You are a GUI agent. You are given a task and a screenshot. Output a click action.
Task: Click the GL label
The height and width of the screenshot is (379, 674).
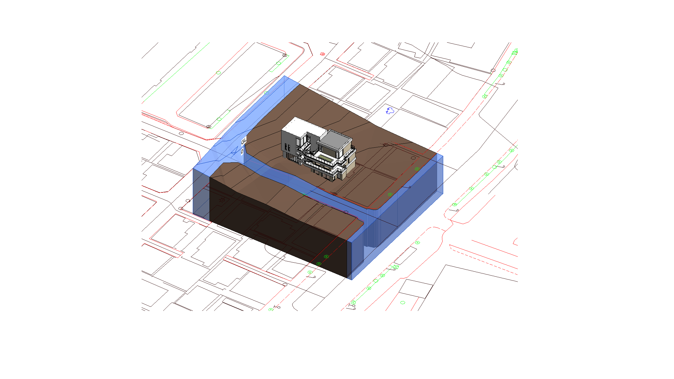coord(244,142)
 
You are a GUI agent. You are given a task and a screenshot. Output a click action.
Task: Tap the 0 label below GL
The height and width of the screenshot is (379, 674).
coord(242,152)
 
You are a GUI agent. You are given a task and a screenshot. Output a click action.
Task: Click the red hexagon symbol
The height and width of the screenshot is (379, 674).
coord(322,54)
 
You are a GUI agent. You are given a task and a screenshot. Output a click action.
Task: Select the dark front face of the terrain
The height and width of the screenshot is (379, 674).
coord(278,228)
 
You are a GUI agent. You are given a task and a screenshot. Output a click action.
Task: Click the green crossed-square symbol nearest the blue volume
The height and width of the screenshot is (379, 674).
coord(396,267)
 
